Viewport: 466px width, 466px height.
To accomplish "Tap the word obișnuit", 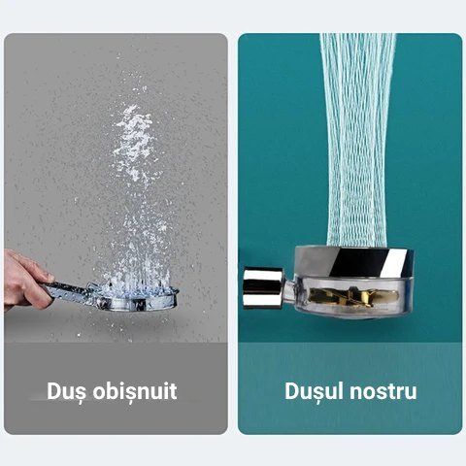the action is coord(135,391).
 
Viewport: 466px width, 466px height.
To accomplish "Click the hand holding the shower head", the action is coord(26,280).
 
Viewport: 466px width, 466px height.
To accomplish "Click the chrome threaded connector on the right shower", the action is coord(263,287).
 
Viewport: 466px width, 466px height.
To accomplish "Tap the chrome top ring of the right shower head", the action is coord(354,262).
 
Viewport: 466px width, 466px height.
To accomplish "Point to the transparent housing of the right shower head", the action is coord(353,297).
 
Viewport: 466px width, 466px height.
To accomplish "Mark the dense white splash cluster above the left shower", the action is coord(134,143).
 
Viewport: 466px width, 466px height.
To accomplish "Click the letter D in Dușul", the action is coord(292,391).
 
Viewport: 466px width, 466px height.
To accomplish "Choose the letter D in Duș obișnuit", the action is coord(54,391).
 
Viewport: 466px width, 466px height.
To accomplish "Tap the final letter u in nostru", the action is coord(411,394).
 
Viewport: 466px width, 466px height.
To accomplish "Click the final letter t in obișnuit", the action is coord(173,392).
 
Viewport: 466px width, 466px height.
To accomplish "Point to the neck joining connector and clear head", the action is coord(288,288).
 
